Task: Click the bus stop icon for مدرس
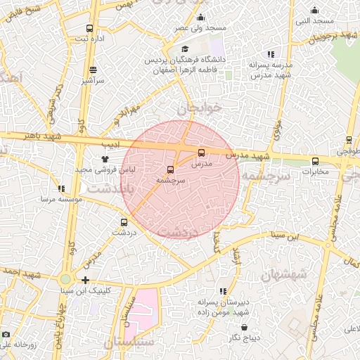[202, 153]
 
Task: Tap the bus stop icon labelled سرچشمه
[171, 169]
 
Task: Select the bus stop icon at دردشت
[124, 222]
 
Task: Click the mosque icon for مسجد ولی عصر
[201, 18]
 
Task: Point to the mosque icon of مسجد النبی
[314, 11]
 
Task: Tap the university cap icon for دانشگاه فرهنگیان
[185, 49]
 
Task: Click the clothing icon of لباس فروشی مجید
[105, 159]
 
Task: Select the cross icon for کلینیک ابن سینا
[85, 281]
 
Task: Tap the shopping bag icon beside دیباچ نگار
[244, 328]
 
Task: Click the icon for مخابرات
[314, 160]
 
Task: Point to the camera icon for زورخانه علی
[6, 335]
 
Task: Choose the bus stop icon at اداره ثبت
[89, 28]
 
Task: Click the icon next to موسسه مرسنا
[62, 188]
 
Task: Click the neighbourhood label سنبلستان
[129, 342]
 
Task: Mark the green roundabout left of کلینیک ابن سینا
[65, 280]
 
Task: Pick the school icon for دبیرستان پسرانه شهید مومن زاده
[223, 291]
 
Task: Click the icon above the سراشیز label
[94, 70]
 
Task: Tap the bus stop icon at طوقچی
[349, 140]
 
